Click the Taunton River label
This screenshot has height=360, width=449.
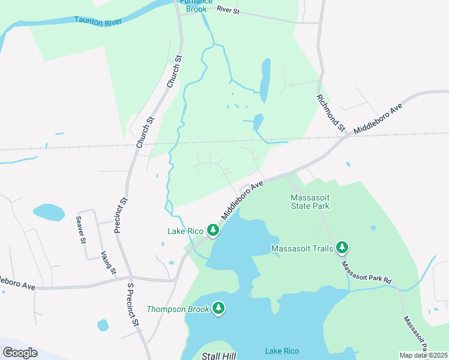tap(98, 20)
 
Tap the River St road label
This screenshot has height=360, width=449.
tap(229, 10)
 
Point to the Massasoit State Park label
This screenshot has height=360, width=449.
tap(310, 202)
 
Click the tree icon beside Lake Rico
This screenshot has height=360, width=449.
tap(212, 230)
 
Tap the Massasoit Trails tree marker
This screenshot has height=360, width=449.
tap(342, 247)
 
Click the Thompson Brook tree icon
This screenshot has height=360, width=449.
tap(218, 308)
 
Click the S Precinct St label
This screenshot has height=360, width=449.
tap(133, 305)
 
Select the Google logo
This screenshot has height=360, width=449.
tap(20, 353)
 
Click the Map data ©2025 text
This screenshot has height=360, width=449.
tap(423, 355)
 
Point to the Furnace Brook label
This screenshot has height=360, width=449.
tap(196, 5)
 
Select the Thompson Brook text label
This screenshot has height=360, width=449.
tap(178, 310)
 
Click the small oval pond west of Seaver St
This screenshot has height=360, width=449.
tap(49, 212)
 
